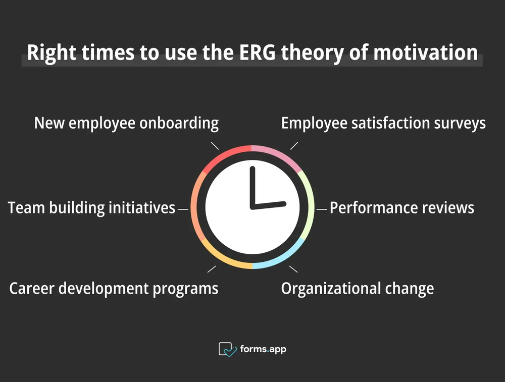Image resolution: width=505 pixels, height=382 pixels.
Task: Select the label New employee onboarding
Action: point(126,123)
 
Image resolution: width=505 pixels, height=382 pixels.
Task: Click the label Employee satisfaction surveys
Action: point(383,123)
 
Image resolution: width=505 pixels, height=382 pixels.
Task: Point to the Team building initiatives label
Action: point(91,208)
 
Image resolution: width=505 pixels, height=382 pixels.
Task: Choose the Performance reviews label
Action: point(402,208)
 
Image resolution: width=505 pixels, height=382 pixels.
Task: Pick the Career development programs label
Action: point(114,289)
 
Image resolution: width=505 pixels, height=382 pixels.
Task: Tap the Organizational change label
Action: point(357,289)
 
